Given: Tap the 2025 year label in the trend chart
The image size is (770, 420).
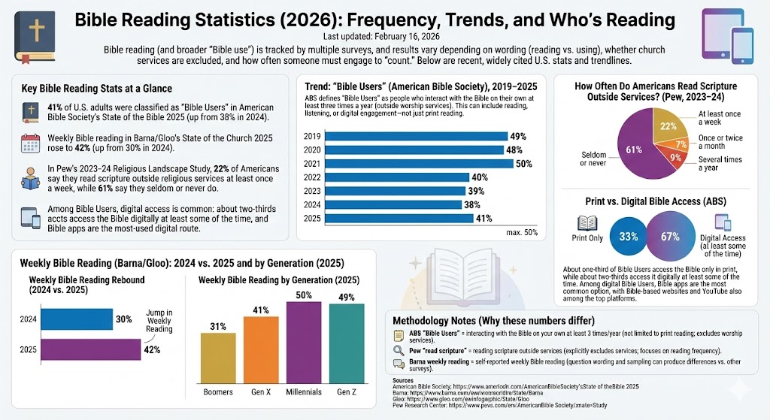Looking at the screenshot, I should (312, 218).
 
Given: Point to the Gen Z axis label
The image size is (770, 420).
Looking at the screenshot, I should (346, 392).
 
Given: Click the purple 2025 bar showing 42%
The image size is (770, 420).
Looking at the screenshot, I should (90, 350).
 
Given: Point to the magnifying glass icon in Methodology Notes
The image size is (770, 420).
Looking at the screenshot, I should (399, 351).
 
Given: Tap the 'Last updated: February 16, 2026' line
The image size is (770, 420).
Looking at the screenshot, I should (384, 36).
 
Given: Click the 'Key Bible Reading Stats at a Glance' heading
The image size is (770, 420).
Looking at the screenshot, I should (97, 89).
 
